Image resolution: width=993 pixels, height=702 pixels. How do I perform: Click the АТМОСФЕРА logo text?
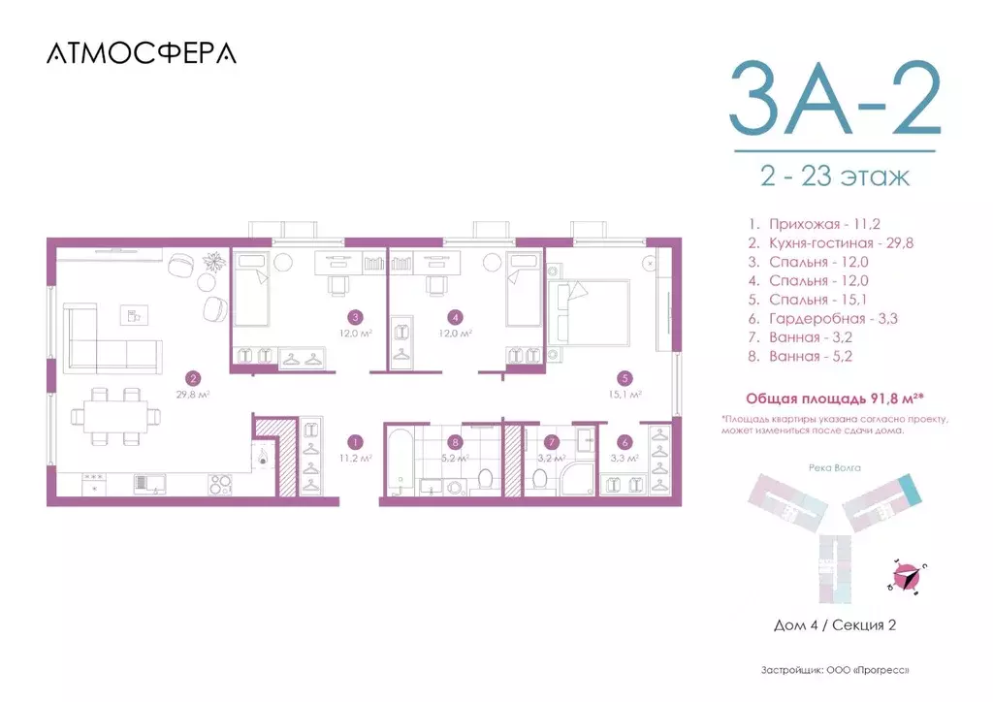pyautogui.click(x=141, y=53)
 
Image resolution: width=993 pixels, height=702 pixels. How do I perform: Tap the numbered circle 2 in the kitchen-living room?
pyautogui.click(x=194, y=379)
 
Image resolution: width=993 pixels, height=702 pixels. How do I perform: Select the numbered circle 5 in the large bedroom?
pyautogui.click(x=626, y=379)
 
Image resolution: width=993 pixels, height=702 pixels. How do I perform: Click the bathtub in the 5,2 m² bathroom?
pyautogui.click(x=400, y=464)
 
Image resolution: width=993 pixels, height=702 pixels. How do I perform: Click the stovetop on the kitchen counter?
pyautogui.click(x=221, y=482)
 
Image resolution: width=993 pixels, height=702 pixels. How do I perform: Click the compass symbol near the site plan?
pyautogui.click(x=908, y=577)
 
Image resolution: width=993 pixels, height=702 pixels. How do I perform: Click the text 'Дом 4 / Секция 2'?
pyautogui.click(x=834, y=625)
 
